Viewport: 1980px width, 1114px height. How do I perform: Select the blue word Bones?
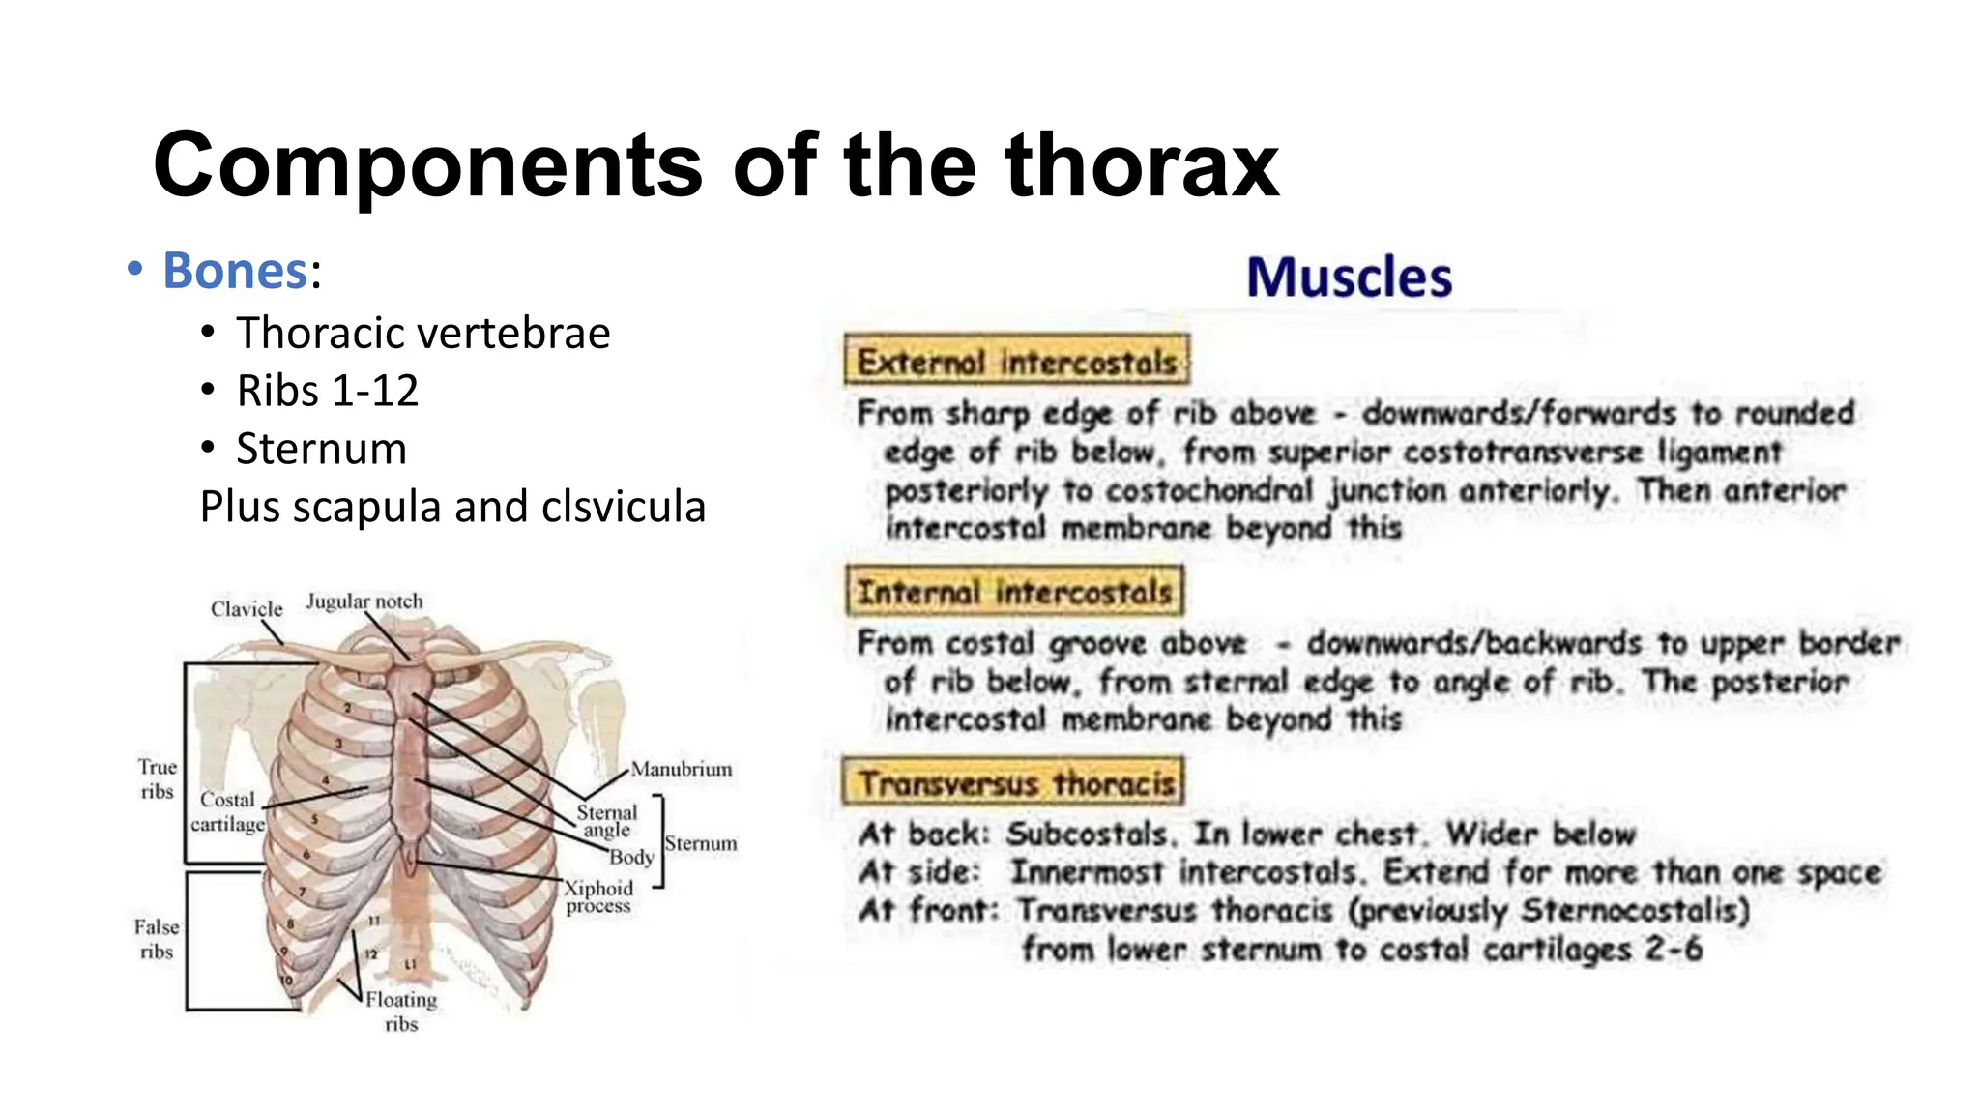coord(234,271)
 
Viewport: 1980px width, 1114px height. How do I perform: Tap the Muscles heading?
coord(1349,278)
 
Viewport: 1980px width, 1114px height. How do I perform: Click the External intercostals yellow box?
coord(1016,362)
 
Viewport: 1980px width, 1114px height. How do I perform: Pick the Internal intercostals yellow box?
coord(1014,592)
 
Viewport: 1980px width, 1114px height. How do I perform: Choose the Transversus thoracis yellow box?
coord(1013,782)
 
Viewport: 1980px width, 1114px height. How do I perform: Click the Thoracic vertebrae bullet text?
coord(422,334)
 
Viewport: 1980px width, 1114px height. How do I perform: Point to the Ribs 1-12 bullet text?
coord(327,391)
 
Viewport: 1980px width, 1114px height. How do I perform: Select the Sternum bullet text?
coord(321,449)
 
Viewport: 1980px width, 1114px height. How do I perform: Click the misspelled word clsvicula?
coord(624,507)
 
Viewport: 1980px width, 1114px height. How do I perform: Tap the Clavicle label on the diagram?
coord(247,609)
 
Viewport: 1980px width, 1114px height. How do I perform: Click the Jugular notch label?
coord(364,601)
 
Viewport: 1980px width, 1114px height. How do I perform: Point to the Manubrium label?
coord(682,770)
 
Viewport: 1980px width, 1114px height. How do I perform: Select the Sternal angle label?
coord(607,821)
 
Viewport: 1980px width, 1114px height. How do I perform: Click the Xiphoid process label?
coord(598,896)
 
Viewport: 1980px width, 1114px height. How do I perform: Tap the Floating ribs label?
coord(401,1011)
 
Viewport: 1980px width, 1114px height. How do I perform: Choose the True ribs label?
coord(157,779)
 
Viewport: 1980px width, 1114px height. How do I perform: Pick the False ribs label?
coord(157,939)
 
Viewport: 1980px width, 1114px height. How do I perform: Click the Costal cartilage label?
coord(227,812)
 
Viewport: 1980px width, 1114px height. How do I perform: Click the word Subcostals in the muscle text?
coord(1087,834)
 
